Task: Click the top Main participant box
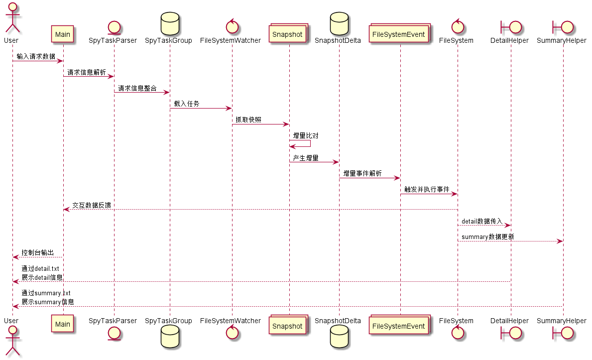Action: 63,34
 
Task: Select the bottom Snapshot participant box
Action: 288,326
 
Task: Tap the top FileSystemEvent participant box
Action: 399,34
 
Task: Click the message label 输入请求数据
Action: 36,56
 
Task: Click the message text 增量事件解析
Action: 362,173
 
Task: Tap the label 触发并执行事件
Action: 427,189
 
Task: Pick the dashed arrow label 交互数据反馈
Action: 92,205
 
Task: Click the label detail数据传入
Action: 482,221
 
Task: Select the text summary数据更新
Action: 488,237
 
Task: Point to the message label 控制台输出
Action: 38,253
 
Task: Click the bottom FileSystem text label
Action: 456,321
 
